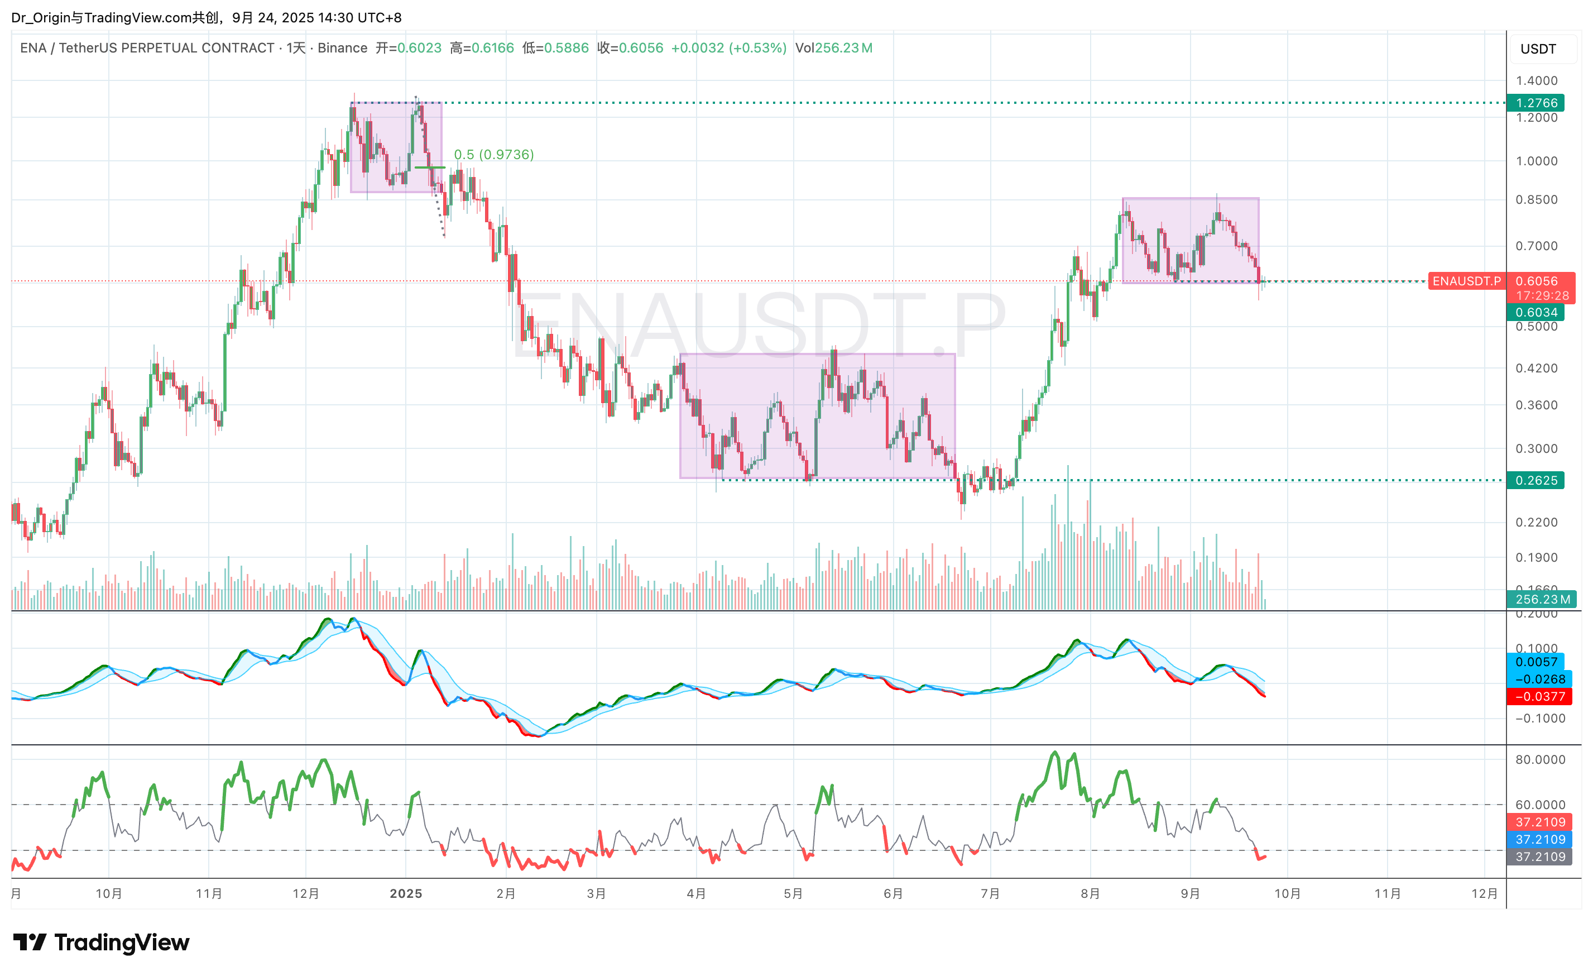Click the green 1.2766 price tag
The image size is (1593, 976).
coord(1536,103)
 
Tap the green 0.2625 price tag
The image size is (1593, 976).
coord(1536,481)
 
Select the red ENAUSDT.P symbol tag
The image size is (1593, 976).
coord(1466,281)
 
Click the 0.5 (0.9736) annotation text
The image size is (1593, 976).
coord(494,155)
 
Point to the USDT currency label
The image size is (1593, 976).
coord(1538,49)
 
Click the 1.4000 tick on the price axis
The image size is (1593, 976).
coord(1537,81)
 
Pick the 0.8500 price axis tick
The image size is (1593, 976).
coord(1537,200)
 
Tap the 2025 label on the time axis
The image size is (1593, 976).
coord(406,894)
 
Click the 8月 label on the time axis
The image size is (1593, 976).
coord(1090,894)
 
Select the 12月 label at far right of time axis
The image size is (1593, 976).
coord(1484,894)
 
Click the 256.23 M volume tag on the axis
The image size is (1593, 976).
coord(1543,600)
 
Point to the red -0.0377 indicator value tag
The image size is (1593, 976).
coord(1540,697)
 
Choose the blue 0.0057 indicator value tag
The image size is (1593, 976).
coord(1536,662)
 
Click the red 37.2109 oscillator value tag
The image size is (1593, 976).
coord(1540,822)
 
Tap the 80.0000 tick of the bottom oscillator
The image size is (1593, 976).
coord(1540,759)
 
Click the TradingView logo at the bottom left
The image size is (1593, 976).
coord(102,942)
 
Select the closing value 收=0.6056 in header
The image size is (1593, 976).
coord(630,48)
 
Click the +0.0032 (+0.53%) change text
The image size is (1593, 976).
coord(728,48)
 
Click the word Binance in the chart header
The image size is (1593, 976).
coord(342,48)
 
